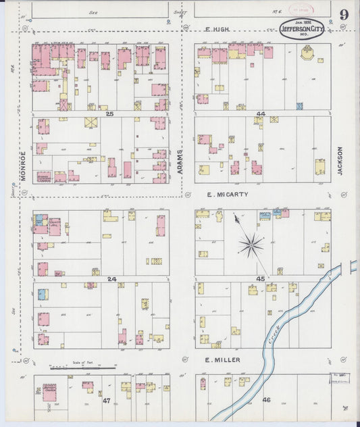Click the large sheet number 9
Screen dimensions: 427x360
click(x=344, y=14)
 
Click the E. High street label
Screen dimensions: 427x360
click(x=218, y=29)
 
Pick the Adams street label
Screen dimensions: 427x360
click(x=180, y=163)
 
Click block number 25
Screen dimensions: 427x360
click(x=108, y=114)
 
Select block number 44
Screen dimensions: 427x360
click(x=260, y=114)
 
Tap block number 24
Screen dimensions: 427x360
click(x=111, y=278)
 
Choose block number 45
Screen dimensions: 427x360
click(x=260, y=278)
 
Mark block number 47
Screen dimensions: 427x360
click(x=106, y=401)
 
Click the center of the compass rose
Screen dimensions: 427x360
click(x=251, y=245)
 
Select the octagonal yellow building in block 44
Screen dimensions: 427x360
click(x=308, y=53)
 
